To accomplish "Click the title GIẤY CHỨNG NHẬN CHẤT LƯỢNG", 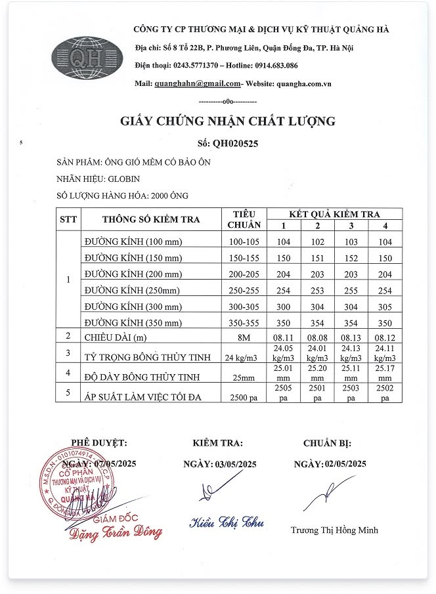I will point(228,121).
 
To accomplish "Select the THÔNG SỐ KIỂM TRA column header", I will point(151,219).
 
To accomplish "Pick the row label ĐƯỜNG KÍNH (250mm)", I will point(131,290).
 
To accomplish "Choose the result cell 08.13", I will point(351,338).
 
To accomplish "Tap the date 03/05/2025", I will point(236,465).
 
